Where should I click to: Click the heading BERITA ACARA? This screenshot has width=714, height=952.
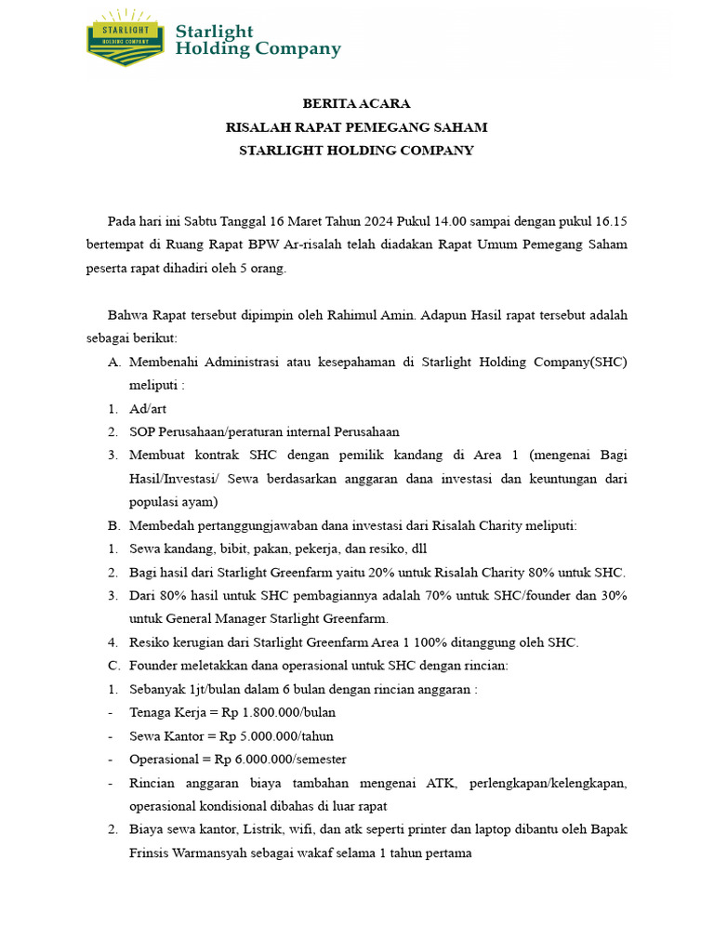[356, 103]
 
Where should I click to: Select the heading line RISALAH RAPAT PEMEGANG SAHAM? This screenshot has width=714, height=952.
[356, 126]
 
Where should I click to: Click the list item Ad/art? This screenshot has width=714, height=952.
[149, 408]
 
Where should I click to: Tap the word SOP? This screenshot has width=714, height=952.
[142, 431]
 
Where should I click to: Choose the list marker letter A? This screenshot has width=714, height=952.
[112, 362]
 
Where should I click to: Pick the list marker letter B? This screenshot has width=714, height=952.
[112, 525]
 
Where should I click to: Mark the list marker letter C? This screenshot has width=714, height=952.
[112, 666]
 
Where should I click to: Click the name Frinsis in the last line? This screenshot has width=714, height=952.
[152, 853]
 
